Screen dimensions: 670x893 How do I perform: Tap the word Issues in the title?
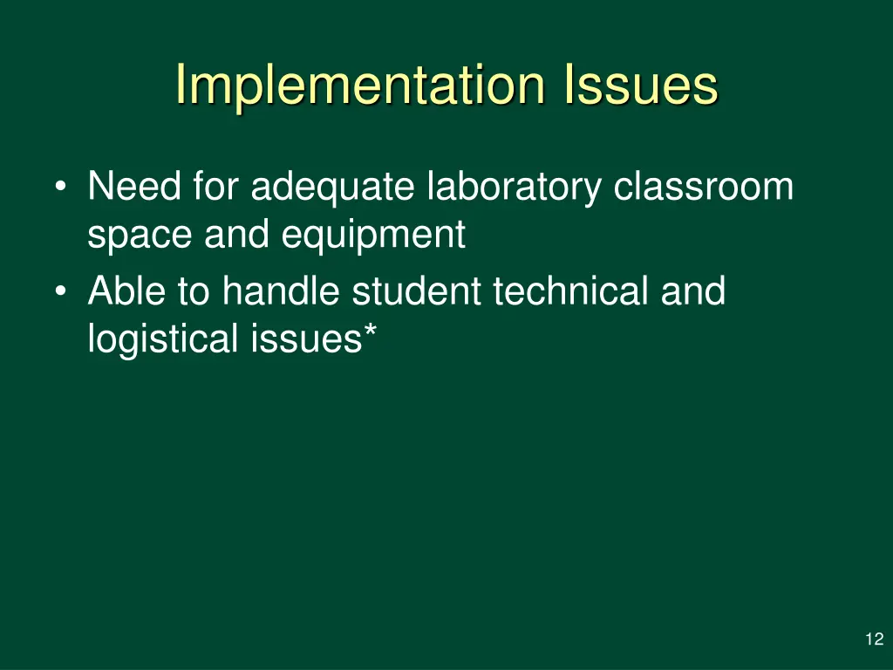[641, 85]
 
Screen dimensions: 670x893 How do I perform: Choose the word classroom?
[703, 187]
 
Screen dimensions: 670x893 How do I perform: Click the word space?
[140, 236]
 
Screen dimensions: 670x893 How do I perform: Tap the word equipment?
[373, 236]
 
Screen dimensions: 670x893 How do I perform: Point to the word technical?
[570, 291]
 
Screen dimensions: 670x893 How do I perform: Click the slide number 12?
[874, 639]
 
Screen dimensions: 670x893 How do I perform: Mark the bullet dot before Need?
[59, 188]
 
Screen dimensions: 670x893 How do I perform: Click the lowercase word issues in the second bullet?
[303, 338]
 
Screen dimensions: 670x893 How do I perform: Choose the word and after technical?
[692, 291]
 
